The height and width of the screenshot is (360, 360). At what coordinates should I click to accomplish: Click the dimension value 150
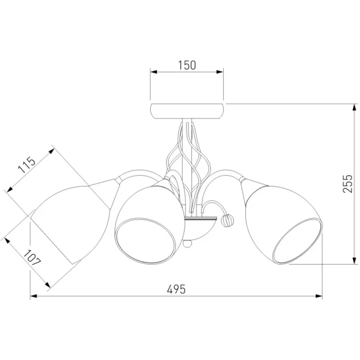[187, 65]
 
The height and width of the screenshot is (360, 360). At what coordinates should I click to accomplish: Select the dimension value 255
[347, 184]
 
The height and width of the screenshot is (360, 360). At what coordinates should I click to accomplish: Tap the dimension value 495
[176, 289]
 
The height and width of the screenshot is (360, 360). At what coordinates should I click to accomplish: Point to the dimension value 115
[27, 165]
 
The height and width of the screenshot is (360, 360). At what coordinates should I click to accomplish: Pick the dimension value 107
[32, 257]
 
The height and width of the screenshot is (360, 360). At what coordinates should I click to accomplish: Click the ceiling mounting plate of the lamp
[187, 111]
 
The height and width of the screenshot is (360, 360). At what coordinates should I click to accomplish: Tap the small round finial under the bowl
[188, 243]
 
